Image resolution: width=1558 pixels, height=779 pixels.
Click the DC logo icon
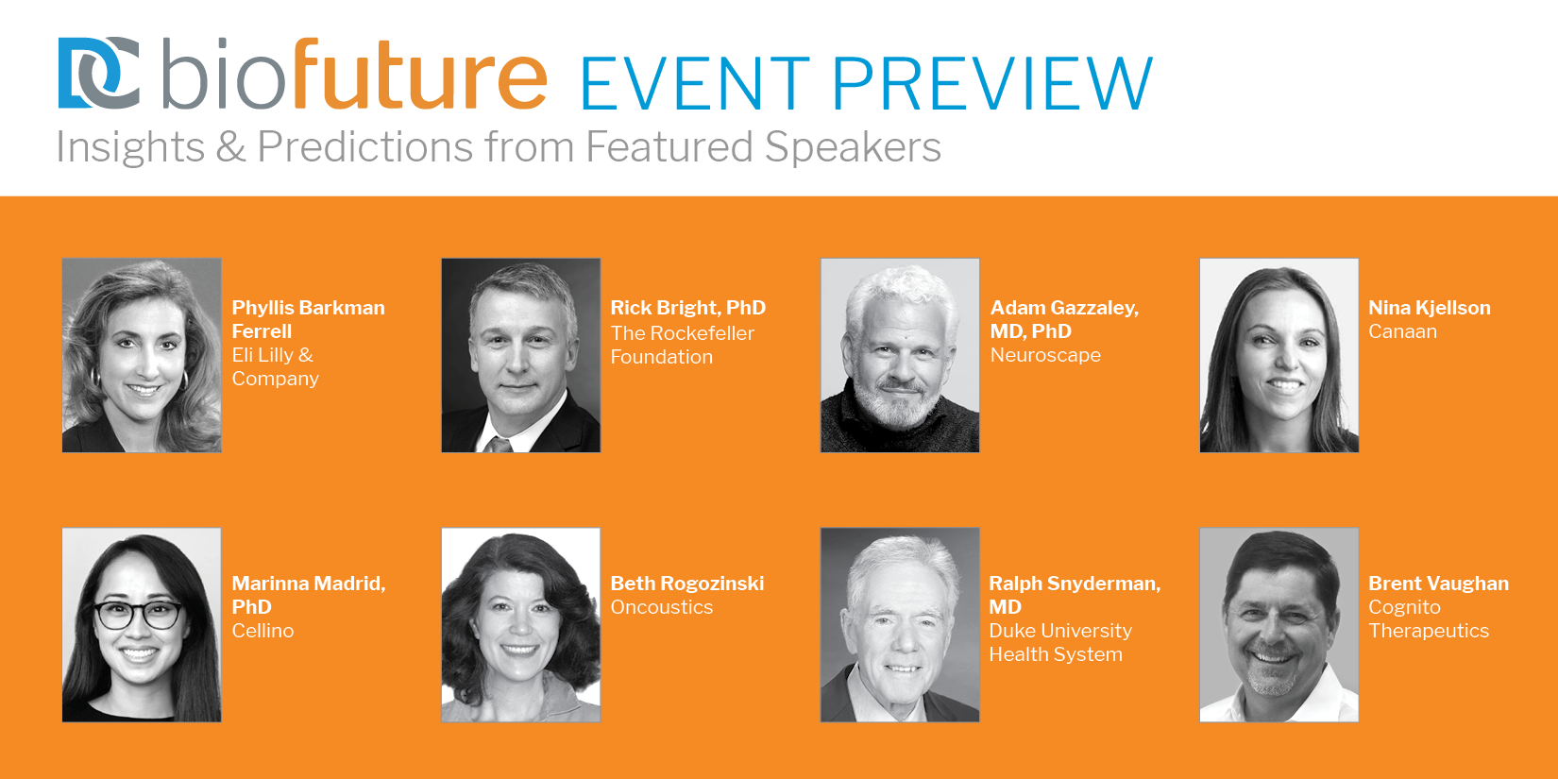tap(99, 73)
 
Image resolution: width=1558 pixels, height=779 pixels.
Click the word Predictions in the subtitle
tap(365, 146)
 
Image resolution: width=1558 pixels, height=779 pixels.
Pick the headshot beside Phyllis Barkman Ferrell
tap(142, 355)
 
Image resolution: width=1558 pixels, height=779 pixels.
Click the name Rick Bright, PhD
tap(688, 308)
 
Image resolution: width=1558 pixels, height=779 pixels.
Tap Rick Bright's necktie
tap(498, 445)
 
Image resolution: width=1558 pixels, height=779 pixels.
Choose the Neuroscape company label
tap(1045, 355)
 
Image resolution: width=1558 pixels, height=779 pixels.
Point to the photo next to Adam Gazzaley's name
tap(900, 355)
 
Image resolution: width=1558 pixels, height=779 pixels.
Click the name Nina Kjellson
tap(1430, 308)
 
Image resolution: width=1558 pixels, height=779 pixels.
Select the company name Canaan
tap(1402, 331)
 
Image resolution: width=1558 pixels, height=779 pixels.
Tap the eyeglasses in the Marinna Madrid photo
tap(139, 614)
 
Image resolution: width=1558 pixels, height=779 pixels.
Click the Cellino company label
tap(262, 630)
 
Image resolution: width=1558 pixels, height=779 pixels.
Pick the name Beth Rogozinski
tap(687, 583)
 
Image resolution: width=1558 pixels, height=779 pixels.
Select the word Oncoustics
tap(662, 606)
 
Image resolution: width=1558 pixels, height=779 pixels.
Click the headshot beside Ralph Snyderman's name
tap(900, 624)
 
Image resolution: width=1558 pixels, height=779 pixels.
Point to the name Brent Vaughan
tap(1438, 583)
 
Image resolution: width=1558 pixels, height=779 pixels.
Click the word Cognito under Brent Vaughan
tap(1404, 606)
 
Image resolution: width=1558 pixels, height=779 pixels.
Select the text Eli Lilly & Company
tap(275, 366)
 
